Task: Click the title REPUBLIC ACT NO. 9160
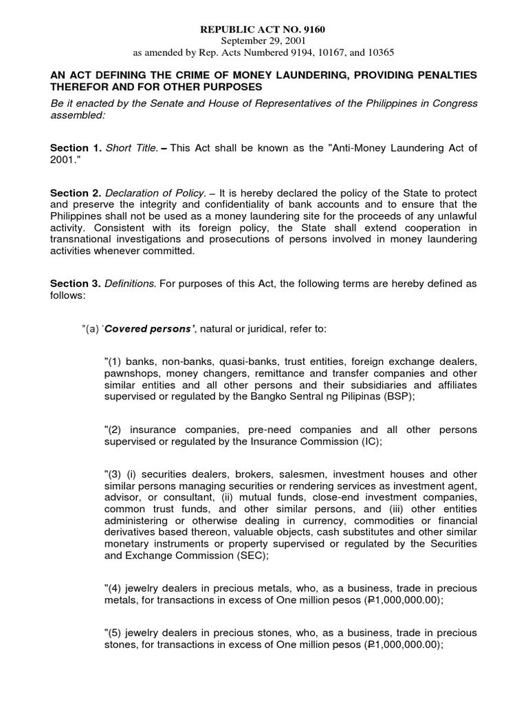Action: point(263,30)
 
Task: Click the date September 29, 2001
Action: point(263,41)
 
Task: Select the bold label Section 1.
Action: point(76,149)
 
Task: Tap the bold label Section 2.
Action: point(76,193)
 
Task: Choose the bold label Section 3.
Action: point(76,284)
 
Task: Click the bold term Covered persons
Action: point(144,329)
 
